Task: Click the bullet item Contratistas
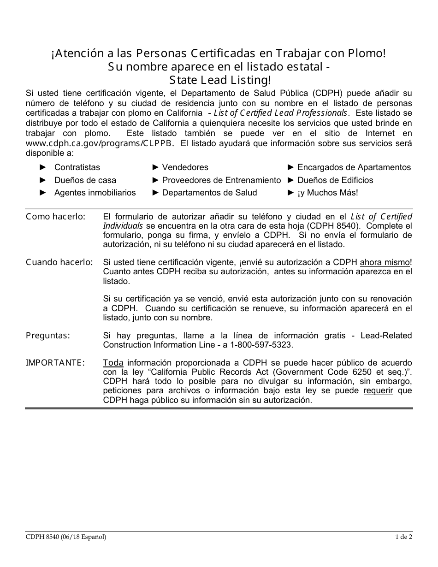click(77, 167)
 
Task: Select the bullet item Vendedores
click(185, 167)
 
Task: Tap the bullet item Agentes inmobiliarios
click(95, 193)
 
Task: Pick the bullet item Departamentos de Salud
click(209, 193)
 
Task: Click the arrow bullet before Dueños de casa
click(43, 180)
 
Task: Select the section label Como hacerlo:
click(55, 216)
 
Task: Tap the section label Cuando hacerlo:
click(59, 262)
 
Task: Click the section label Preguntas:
click(48, 335)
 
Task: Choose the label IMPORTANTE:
click(55, 363)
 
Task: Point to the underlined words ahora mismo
click(385, 262)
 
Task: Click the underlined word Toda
click(113, 363)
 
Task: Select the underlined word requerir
click(378, 391)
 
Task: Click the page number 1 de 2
click(403, 537)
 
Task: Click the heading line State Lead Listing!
click(219, 80)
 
